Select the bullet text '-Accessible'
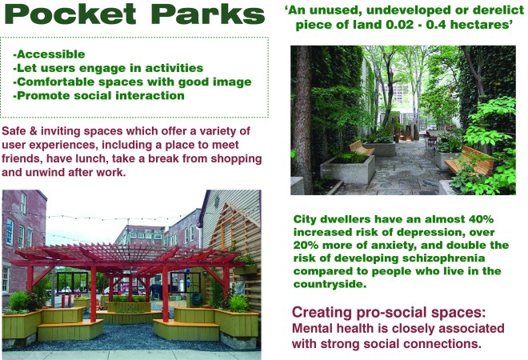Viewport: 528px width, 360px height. (x=49, y=54)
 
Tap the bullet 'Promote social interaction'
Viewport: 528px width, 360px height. (x=99, y=96)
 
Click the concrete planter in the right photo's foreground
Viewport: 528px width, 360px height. (x=347, y=170)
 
